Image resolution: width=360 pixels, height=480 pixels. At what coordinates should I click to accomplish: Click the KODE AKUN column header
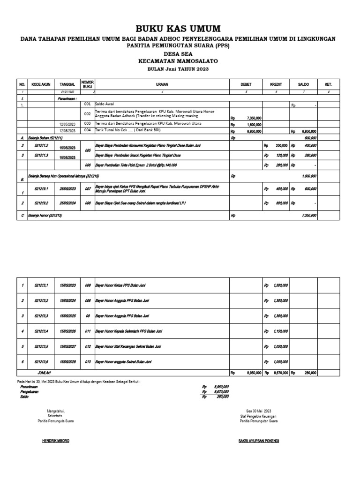tap(40, 84)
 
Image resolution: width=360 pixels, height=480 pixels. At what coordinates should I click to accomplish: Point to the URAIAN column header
tap(162, 84)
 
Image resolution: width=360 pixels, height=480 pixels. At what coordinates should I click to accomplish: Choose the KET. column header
tap(328, 84)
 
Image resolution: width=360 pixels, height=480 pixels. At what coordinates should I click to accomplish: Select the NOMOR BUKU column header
tap(88, 84)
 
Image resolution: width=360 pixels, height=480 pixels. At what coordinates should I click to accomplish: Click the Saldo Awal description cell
tap(106, 104)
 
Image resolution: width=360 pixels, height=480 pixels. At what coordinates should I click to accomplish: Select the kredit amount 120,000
tap(281, 155)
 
